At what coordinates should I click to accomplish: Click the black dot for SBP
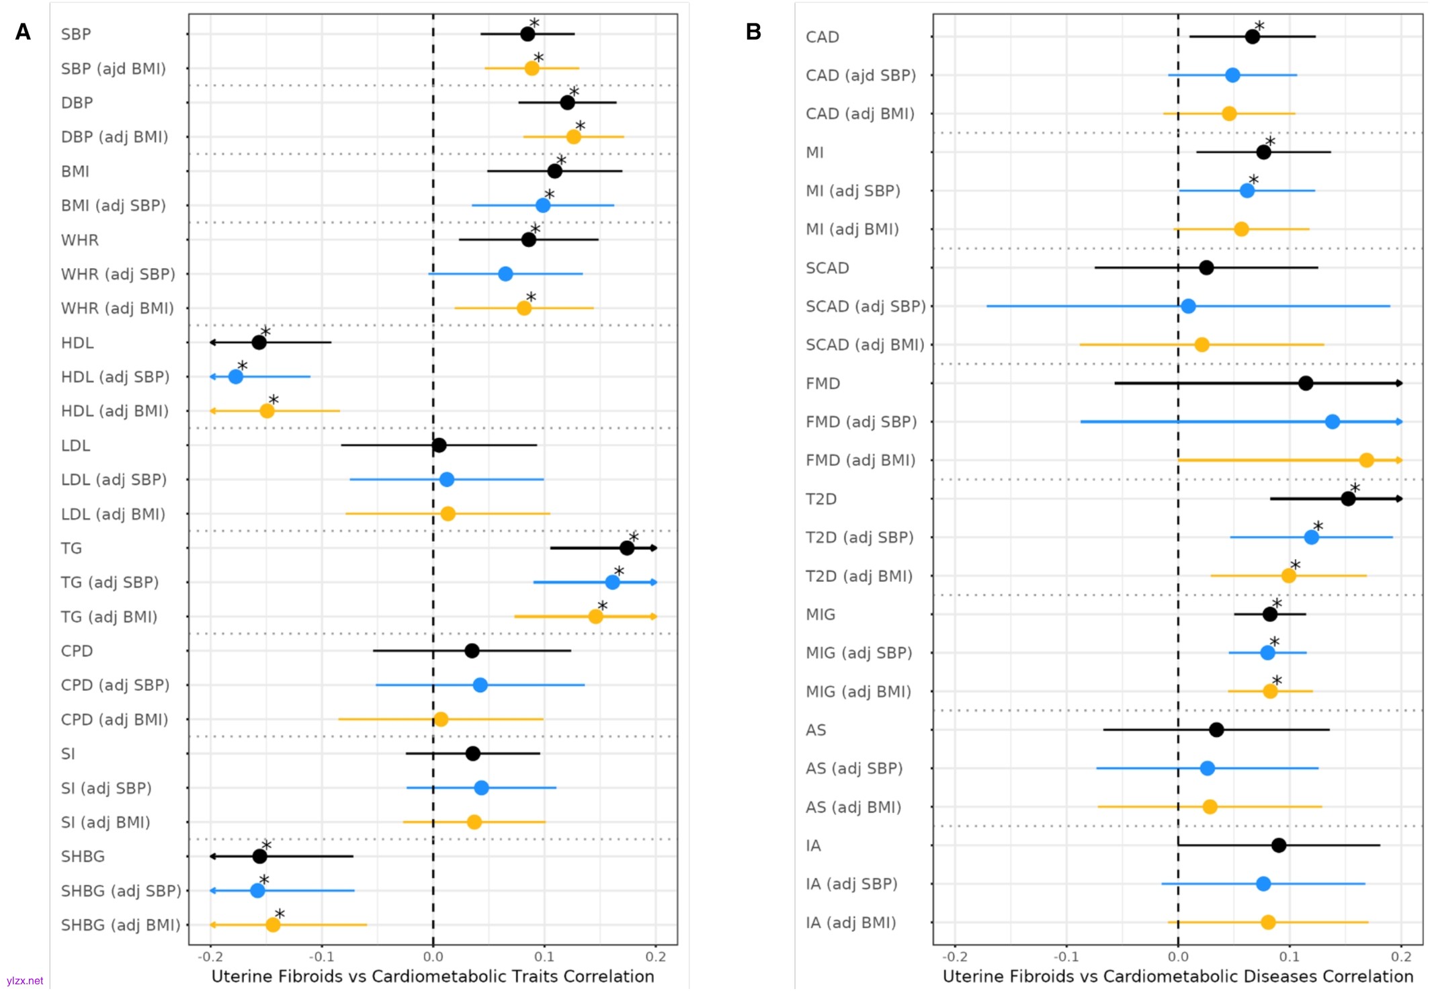528,34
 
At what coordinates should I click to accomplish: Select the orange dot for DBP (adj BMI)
573,137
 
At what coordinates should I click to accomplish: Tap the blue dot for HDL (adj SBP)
236,377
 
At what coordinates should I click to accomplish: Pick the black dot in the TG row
627,548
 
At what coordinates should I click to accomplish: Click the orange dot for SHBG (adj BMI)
273,925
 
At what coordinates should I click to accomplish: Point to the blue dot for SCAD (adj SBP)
1188,306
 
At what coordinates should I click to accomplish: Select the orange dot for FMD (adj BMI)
1366,460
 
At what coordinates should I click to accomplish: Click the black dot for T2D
1348,499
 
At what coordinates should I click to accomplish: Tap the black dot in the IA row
1279,845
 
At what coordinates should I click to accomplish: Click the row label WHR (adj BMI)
118,308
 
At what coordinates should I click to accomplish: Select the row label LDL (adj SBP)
114,480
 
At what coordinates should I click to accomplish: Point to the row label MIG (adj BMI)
858,691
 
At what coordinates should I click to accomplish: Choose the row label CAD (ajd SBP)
861,75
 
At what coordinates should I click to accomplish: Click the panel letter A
23,32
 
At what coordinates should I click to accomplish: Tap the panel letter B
753,32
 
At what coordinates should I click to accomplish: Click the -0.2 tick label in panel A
210,956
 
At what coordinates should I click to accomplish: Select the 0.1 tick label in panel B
1289,956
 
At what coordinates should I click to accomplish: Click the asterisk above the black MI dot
1269,141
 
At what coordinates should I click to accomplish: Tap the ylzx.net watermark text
25,981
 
